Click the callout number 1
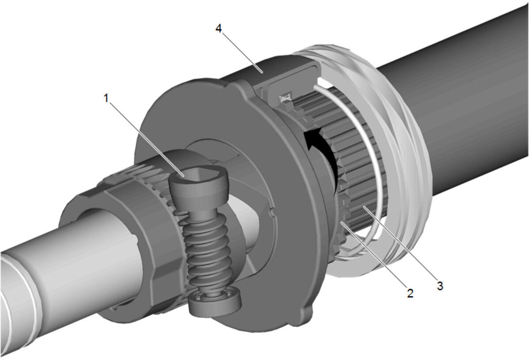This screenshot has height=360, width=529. coord(106,99)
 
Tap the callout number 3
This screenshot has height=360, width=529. coord(440,285)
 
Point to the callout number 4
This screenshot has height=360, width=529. coord(219,29)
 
